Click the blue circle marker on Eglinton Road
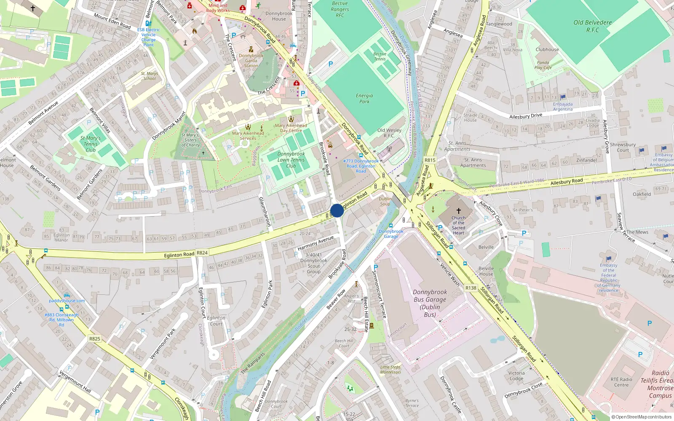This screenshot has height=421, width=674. coord(337,210)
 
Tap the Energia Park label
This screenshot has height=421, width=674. coord(364,99)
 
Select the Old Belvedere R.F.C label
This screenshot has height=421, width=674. coord(593,26)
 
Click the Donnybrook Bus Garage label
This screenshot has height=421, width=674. coord(430,303)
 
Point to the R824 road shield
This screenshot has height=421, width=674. coord(202,253)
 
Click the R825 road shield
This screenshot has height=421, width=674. coord(95,338)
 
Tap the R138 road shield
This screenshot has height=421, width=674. coord(471,288)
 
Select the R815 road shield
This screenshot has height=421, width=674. coord(430,160)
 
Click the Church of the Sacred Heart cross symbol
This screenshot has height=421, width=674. coord(459,210)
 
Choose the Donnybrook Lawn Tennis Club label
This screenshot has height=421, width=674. coord(291,160)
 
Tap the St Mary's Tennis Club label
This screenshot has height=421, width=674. coord(91,144)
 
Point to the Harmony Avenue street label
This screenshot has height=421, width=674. coord(316,243)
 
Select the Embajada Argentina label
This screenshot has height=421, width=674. coord(563,107)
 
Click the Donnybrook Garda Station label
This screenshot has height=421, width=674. coord(251,61)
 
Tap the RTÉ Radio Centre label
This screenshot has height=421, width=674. coord(621,382)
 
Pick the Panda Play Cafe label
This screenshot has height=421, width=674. coord(543,65)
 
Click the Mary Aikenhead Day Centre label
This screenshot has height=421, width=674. coord(291,128)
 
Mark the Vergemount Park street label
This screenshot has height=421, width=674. coord(163,344)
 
